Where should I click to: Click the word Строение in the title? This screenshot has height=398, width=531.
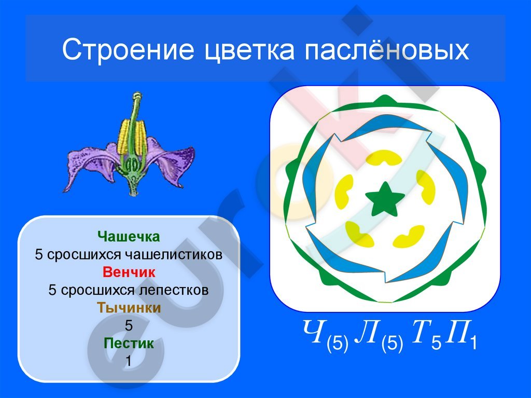128,49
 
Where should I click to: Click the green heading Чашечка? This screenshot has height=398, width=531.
129,236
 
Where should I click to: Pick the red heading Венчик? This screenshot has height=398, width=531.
129,272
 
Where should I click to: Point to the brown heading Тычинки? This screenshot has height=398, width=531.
129,308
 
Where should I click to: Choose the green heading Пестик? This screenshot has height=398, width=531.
129,343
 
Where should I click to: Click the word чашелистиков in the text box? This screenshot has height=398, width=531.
174,255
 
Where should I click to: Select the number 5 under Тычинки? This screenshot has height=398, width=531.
129,325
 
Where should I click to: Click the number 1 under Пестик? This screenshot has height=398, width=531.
129,361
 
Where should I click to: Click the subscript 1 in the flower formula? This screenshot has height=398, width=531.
473,342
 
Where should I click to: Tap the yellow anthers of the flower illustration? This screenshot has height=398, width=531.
132,136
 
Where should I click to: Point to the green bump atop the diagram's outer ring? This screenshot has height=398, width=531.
385,100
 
